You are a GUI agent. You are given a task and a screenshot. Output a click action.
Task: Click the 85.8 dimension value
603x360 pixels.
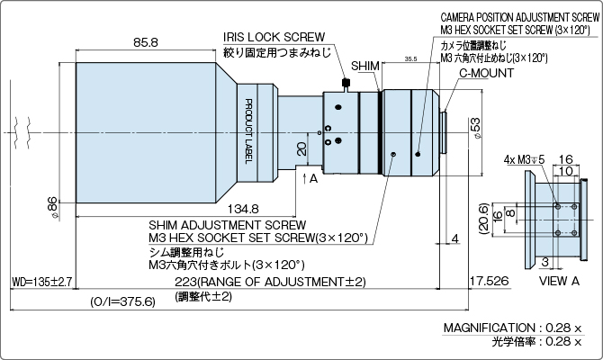145,42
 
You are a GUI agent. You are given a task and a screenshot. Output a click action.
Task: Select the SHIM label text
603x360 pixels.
365,67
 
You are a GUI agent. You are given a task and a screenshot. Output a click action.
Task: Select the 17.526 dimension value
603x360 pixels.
487,283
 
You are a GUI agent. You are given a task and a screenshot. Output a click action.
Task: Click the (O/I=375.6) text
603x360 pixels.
123,301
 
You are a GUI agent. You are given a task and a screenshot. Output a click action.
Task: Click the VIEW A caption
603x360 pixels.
559,282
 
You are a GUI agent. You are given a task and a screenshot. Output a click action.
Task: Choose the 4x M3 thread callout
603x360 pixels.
524,159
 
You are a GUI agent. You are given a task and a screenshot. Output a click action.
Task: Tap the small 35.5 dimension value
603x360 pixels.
410,58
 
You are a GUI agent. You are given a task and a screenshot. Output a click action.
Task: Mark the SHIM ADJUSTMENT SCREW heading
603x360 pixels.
227,225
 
